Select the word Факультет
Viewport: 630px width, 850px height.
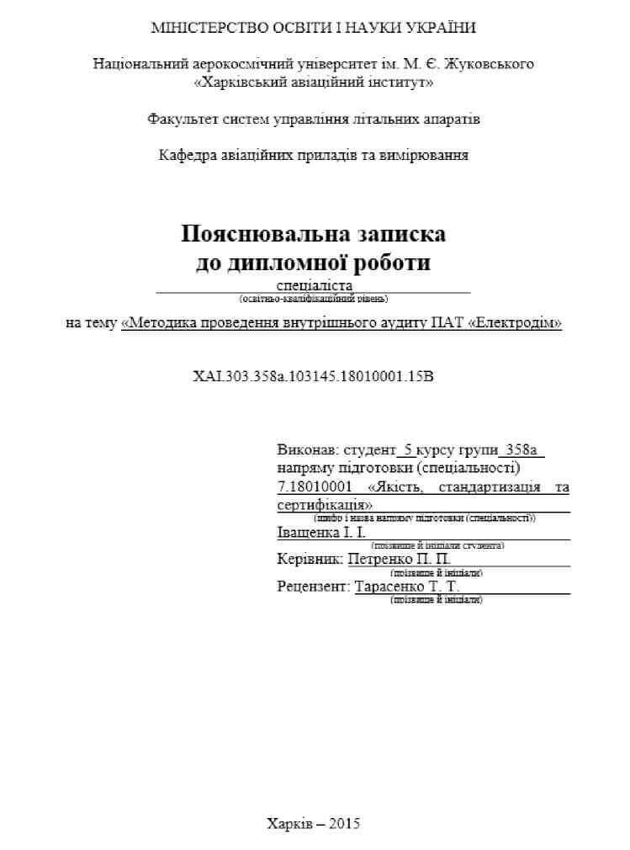[183, 119]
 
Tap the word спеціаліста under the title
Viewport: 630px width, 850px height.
[313, 285]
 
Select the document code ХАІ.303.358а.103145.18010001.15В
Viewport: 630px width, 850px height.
[314, 375]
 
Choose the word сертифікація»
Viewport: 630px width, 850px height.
[325, 505]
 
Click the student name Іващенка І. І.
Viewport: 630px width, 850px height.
[321, 533]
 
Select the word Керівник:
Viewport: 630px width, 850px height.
[309, 558]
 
